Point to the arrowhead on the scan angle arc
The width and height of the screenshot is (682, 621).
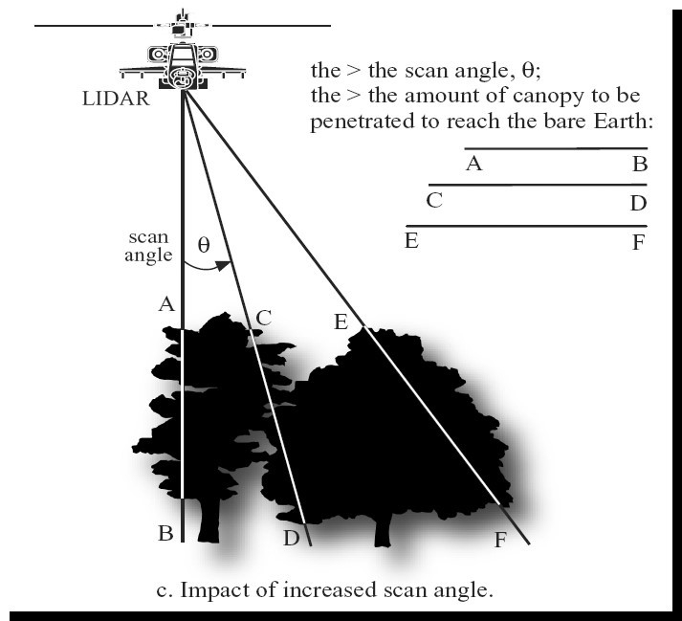coord(226,265)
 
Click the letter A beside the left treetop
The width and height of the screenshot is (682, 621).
coord(165,305)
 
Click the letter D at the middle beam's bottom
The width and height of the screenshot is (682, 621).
coord(292,539)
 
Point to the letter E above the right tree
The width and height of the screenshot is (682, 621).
coord(340,322)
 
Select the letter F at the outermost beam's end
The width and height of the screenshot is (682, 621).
coord(499,540)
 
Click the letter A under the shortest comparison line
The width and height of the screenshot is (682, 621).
coord(473,164)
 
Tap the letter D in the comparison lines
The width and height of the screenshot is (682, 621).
coord(639,203)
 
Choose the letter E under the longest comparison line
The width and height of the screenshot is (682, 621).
coord(411,240)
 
